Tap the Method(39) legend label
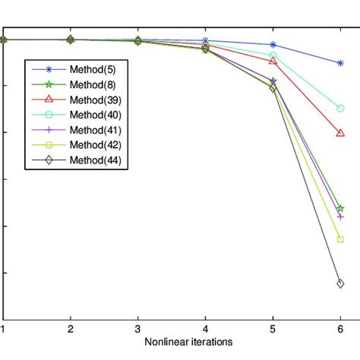click(x=95, y=99)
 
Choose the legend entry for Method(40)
click(x=95, y=115)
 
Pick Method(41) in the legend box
click(x=95, y=130)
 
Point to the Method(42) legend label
click(x=95, y=145)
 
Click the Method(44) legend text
click(x=95, y=160)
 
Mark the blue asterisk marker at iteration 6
click(x=339, y=63)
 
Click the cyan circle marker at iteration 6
click(x=339, y=109)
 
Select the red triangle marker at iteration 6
click(x=339, y=133)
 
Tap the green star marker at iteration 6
click(x=339, y=208)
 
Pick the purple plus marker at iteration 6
click(x=339, y=217)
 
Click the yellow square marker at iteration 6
click(x=339, y=239)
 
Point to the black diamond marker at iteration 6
click(x=339, y=283)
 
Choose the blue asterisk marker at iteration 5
click(x=273, y=45)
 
